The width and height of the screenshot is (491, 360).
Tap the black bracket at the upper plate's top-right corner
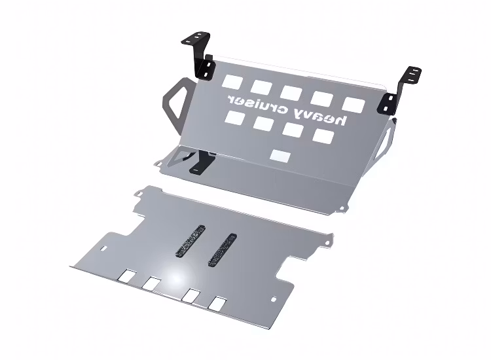click(399, 91)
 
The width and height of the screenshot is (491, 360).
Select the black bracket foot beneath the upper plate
click(202, 162)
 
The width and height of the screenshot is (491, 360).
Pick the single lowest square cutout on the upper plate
click(281, 156)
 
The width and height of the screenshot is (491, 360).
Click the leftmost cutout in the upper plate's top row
click(232, 81)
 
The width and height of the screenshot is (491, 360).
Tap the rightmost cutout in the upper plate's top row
click(354, 105)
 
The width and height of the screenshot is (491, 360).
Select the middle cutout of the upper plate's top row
click(291, 93)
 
